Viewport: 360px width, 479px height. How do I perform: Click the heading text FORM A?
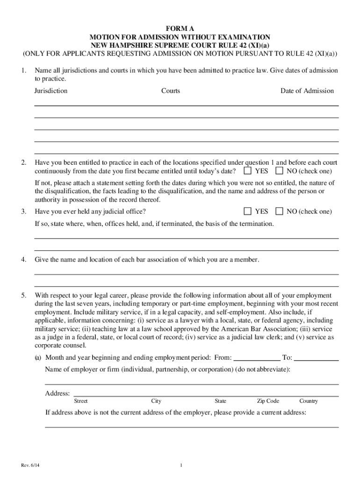click(x=180, y=29)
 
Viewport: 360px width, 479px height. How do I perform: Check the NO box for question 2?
click(x=280, y=171)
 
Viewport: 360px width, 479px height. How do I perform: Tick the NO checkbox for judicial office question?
click(x=280, y=211)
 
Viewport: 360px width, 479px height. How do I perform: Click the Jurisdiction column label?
click(x=51, y=91)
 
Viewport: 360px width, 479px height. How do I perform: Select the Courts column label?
click(x=171, y=91)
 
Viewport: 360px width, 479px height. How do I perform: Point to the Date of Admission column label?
click(x=307, y=91)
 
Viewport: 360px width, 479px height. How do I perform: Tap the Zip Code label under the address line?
click(x=268, y=401)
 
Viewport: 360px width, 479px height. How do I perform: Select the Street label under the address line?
click(x=81, y=401)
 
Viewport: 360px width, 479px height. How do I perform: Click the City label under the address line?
click(x=156, y=401)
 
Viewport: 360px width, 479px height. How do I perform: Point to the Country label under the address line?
click(x=309, y=401)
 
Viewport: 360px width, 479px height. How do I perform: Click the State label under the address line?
click(x=221, y=401)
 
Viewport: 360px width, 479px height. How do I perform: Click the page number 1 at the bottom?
click(x=180, y=465)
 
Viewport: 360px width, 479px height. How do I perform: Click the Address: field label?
click(x=58, y=393)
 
